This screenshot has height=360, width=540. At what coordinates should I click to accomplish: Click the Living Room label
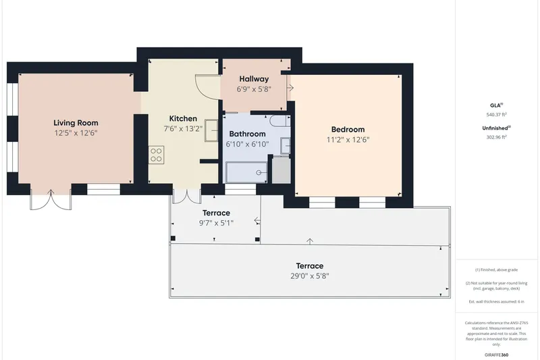[x=76, y=123]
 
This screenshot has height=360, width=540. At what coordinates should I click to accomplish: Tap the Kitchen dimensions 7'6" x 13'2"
[x=183, y=129]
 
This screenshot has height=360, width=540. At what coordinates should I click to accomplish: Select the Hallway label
[x=254, y=79]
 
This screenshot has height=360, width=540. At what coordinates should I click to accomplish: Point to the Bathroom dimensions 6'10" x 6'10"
[x=247, y=144]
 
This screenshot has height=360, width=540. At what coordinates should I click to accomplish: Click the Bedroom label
[x=348, y=130]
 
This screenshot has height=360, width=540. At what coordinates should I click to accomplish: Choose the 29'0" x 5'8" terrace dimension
[x=310, y=276]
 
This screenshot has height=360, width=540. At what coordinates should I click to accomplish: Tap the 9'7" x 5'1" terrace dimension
[x=216, y=223]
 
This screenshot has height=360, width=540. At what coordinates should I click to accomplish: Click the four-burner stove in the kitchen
[x=156, y=155]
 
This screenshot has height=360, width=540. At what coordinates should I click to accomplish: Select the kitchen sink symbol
[x=211, y=130]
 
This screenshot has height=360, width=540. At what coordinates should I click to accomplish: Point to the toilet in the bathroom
[x=279, y=122]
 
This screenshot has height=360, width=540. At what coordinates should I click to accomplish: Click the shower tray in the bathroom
[x=246, y=172]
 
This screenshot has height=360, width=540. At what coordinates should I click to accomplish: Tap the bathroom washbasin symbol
[x=285, y=146]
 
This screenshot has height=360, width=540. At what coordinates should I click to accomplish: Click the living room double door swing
[x=51, y=200]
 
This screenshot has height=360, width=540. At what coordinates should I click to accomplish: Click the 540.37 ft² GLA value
[x=496, y=115]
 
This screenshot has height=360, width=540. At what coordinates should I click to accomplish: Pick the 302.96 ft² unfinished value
[x=496, y=137]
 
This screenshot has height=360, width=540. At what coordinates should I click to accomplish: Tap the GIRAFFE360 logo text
[x=496, y=355]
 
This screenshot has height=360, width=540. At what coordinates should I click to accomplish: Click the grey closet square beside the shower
[x=281, y=170]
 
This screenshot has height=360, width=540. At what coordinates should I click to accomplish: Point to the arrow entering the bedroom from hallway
[x=290, y=88]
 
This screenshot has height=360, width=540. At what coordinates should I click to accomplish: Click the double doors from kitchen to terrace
[x=187, y=197]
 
